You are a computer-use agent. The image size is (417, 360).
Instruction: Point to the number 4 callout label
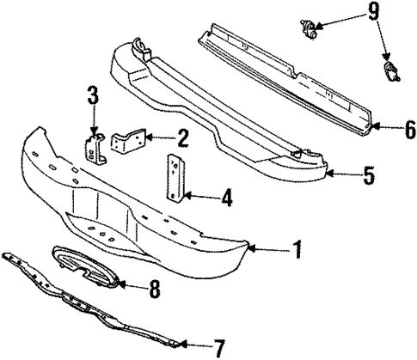coord(226,199)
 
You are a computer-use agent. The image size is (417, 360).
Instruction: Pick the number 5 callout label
coord(369,177)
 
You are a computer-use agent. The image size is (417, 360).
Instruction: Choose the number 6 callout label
coord(410,129)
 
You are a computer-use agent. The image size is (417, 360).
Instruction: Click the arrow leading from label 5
coord(341,177)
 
